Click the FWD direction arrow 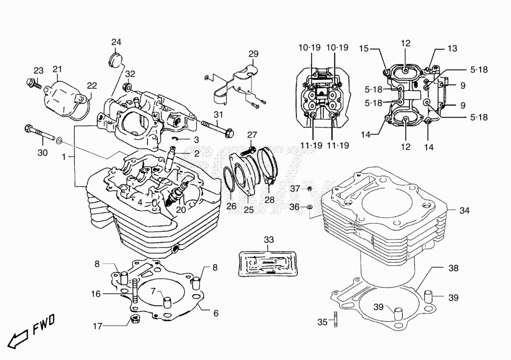pyautogui.click(x=17, y=339)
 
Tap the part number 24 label pyautogui.click(x=116, y=42)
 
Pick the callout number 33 pyautogui.click(x=269, y=240)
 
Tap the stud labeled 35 pyautogui.click(x=335, y=319)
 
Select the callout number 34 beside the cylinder pyautogui.click(x=465, y=211)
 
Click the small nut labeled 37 pyautogui.click(x=310, y=188)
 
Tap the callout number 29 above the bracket pyautogui.click(x=253, y=54)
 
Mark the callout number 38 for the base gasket pyautogui.click(x=453, y=268)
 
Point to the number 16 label pyautogui.click(x=96, y=294)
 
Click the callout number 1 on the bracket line pyautogui.click(x=64, y=157)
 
